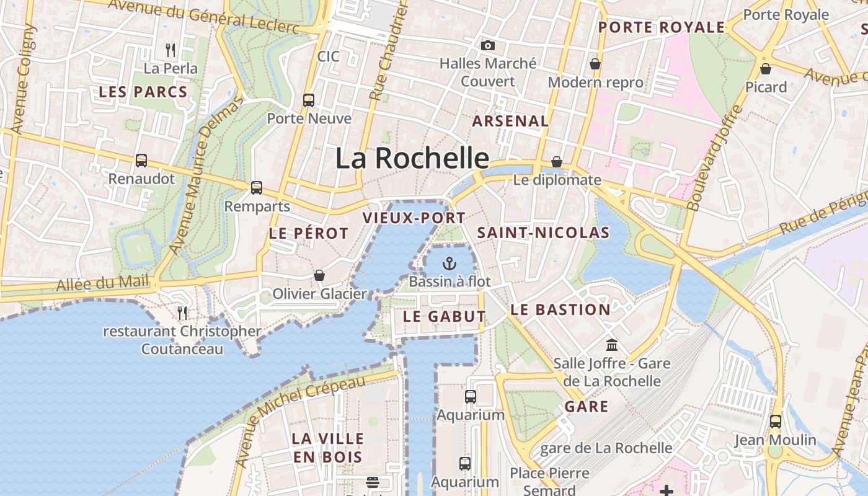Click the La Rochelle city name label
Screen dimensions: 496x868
click(x=412, y=158)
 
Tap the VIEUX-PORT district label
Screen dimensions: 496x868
click(x=414, y=218)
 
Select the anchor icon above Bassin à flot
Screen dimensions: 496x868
click(x=449, y=263)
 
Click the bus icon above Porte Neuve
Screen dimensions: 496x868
click(x=308, y=100)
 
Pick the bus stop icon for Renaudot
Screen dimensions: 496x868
click(x=141, y=161)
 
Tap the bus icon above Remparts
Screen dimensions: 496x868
click(x=257, y=188)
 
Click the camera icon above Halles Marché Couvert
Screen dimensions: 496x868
click(x=488, y=45)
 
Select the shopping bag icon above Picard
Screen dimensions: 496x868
click(x=766, y=69)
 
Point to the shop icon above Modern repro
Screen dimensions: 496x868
click(x=595, y=64)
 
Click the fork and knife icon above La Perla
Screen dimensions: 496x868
click(x=170, y=50)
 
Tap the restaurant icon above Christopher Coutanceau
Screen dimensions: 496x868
click(x=182, y=312)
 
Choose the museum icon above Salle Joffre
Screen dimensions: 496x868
click(x=612, y=345)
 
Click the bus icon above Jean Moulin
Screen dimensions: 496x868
click(x=775, y=422)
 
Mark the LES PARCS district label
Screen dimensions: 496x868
click(x=143, y=92)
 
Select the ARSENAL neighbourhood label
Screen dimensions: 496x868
click(x=510, y=122)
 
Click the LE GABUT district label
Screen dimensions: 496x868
click(x=445, y=316)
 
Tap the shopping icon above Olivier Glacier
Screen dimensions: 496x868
click(x=319, y=275)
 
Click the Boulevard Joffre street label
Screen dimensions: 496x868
click(x=715, y=157)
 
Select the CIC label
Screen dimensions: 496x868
click(x=328, y=56)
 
